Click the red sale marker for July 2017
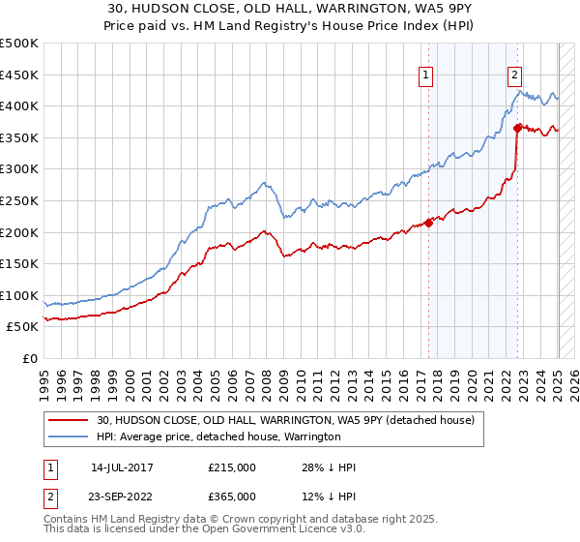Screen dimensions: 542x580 428,223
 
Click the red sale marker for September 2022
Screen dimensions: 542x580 518,127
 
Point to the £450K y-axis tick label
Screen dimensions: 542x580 19,75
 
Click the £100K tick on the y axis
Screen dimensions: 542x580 19,295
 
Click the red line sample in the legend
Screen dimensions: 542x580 70,420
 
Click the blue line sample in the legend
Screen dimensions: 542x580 70,437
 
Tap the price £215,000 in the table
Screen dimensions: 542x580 232,467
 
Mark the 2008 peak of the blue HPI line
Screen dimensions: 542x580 264,181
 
